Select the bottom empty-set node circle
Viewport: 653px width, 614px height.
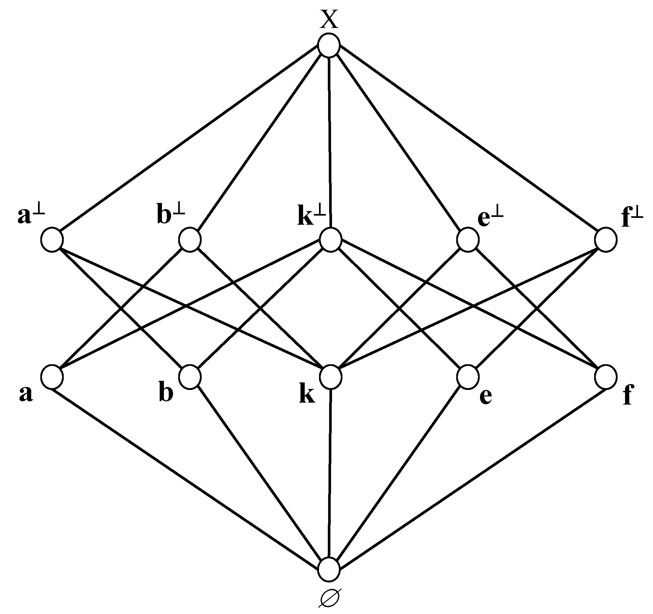329,569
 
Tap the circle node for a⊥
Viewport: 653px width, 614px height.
52,239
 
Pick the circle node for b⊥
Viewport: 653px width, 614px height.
190,239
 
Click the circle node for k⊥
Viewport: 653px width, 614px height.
331,239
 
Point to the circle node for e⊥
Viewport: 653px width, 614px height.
468,239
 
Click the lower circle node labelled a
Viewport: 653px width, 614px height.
52,377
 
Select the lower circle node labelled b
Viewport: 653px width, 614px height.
190,377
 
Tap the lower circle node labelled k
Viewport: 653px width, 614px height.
331,377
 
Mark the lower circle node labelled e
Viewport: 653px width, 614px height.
468,377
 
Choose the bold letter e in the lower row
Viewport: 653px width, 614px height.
486,396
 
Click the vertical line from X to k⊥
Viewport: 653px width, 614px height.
330,141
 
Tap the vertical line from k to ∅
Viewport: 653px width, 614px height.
330,473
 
